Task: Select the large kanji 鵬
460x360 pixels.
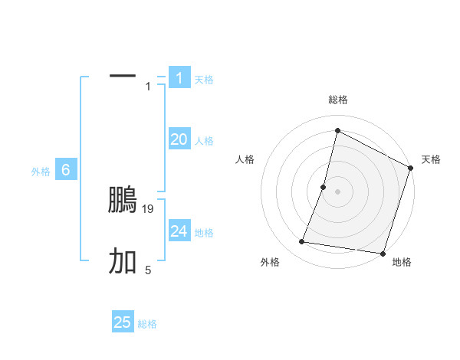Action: click(123, 200)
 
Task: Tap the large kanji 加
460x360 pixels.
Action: click(123, 262)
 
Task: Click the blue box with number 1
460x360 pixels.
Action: click(179, 77)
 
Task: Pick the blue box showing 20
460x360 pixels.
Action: click(179, 139)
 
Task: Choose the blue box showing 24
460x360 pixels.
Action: click(179, 231)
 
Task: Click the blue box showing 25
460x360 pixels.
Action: click(123, 322)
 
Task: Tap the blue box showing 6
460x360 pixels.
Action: click(66, 170)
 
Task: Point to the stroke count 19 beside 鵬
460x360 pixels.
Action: click(149, 208)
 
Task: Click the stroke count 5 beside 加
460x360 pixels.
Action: click(148, 270)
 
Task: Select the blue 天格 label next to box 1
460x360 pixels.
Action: click(204, 80)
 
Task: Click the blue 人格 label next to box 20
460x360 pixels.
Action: click(204, 141)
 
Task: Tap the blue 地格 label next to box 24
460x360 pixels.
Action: click(204, 233)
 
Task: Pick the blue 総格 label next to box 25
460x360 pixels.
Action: click(147, 324)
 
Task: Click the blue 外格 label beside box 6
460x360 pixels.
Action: click(41, 172)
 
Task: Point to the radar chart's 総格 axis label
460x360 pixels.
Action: click(338, 100)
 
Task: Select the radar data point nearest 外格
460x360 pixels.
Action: click(302, 242)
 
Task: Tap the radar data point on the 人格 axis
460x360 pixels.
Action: click(324, 187)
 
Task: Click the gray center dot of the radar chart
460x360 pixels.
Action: click(337, 191)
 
